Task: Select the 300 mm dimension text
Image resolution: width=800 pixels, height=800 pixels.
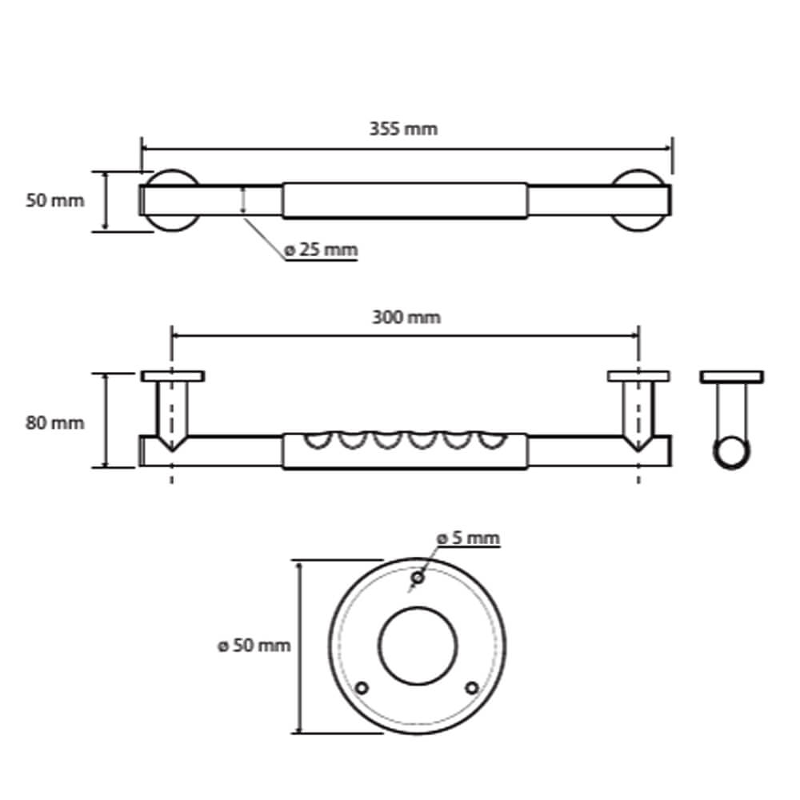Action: click(406, 318)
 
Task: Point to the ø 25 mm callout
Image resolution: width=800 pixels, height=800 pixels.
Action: click(320, 250)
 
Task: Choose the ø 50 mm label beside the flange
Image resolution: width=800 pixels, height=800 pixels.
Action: click(252, 645)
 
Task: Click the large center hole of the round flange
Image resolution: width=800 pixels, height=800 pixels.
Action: click(417, 646)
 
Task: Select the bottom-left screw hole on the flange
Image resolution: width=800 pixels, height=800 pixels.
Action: click(362, 688)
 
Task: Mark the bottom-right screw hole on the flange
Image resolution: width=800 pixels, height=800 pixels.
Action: click(472, 688)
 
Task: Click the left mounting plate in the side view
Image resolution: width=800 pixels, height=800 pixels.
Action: click(173, 375)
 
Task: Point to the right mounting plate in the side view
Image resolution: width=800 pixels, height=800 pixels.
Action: click(638, 375)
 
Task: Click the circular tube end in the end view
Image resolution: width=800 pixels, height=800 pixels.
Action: click(731, 454)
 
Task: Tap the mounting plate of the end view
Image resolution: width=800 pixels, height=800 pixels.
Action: click(731, 375)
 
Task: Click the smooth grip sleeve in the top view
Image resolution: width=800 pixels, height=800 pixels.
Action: click(405, 201)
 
